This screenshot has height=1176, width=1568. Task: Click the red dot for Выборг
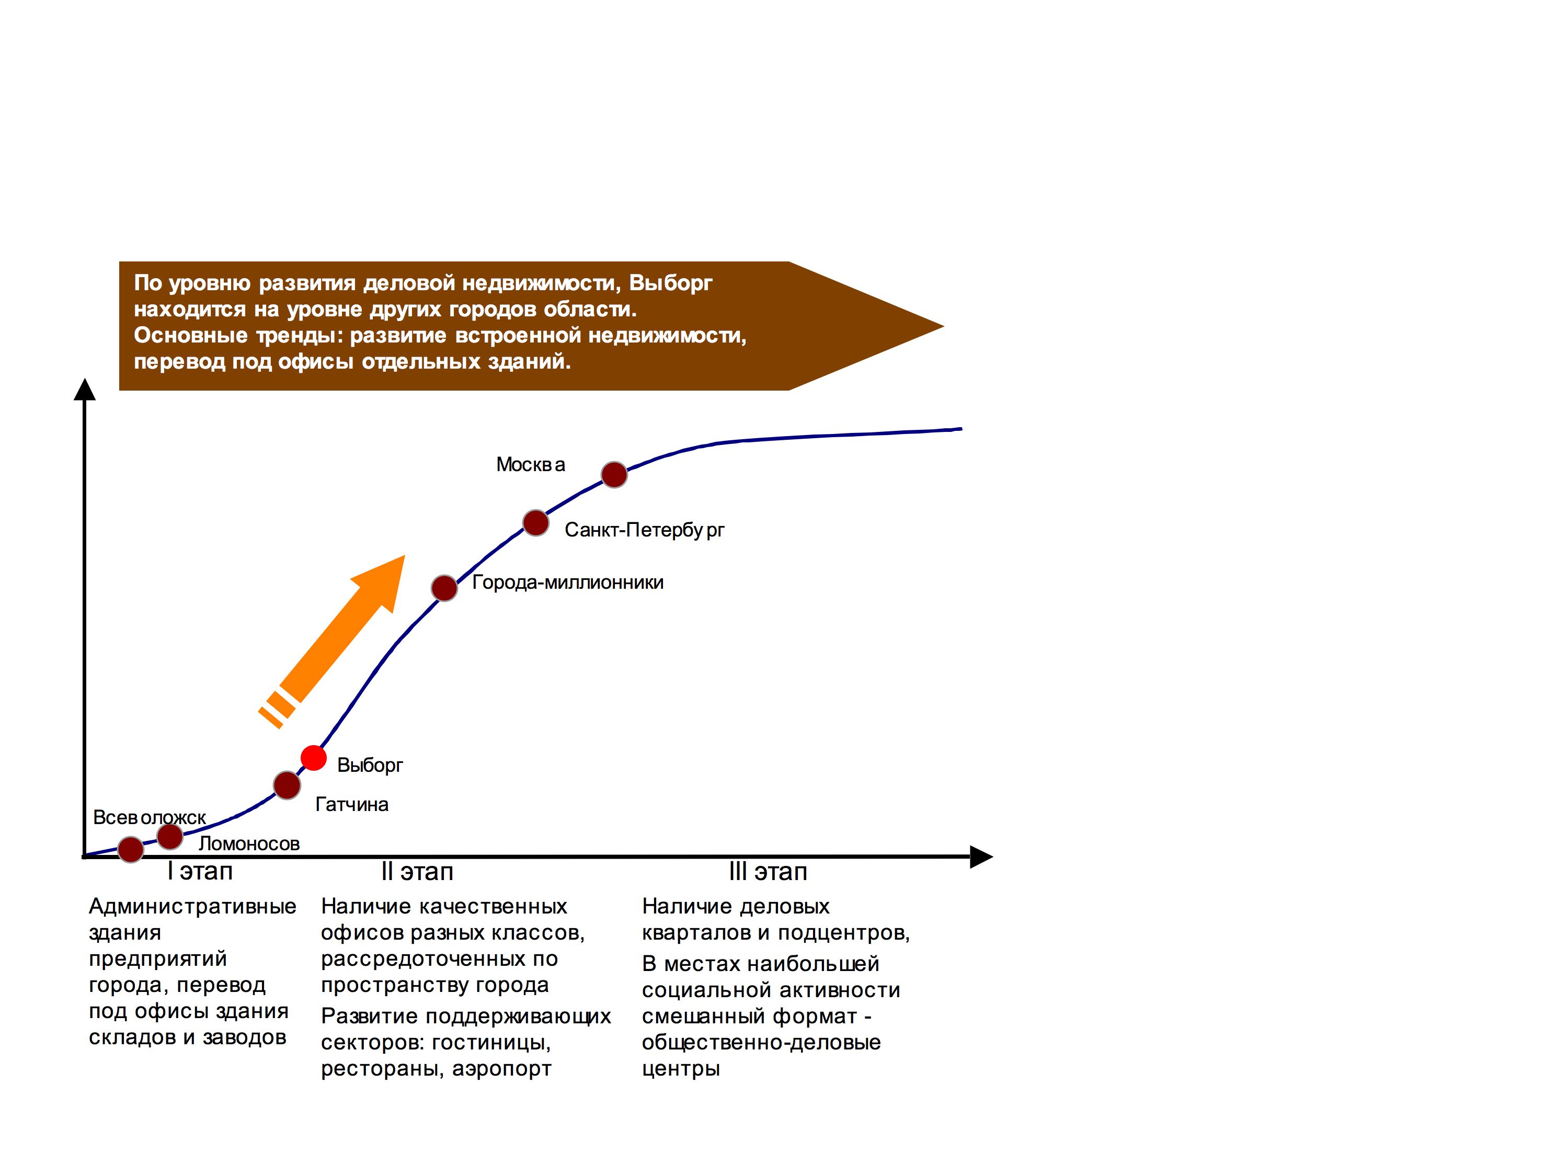click(313, 758)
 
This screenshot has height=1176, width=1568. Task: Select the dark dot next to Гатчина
click(287, 785)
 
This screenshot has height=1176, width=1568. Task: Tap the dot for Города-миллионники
click(444, 588)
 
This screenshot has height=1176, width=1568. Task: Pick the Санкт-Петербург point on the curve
click(536, 523)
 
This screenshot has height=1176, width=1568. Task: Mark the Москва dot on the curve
click(614, 474)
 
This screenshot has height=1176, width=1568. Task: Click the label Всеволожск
click(150, 817)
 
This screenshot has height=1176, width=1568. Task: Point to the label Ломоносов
click(249, 843)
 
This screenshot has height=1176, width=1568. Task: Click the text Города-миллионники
click(568, 583)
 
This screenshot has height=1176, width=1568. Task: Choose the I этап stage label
click(200, 871)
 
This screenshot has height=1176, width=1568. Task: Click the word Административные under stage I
click(193, 906)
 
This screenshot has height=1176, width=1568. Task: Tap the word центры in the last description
click(681, 1069)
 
